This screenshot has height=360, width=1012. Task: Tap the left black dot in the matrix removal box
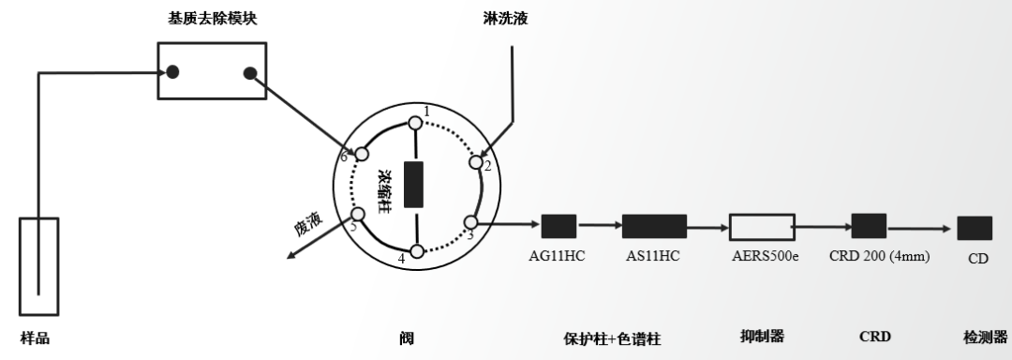(x=173, y=73)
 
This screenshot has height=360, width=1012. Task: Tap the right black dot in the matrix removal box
(x=249, y=73)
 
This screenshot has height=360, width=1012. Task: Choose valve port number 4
(x=417, y=250)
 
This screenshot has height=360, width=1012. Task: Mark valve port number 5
(x=357, y=214)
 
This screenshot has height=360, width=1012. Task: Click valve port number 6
(x=361, y=153)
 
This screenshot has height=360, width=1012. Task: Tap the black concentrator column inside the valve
(x=413, y=185)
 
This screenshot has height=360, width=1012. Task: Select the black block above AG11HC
(x=558, y=226)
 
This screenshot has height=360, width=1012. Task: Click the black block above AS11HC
(x=654, y=226)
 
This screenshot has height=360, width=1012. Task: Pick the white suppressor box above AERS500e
(x=762, y=226)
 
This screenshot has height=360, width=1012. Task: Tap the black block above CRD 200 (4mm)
(x=869, y=226)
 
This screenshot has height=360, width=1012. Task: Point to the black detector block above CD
(x=975, y=228)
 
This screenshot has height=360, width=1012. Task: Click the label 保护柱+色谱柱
(x=613, y=338)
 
